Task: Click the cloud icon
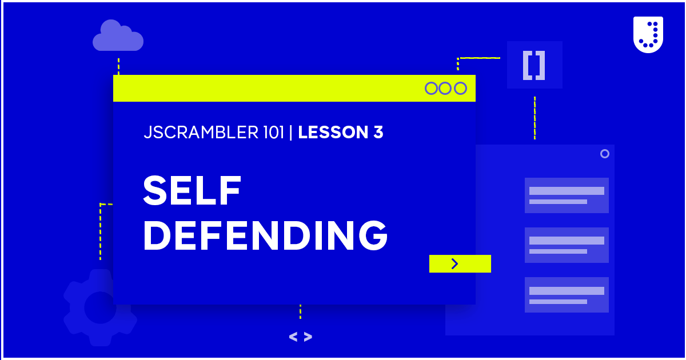pyautogui.click(x=118, y=36)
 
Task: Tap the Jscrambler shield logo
pyautogui.click(x=648, y=34)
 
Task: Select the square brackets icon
pyautogui.click(x=534, y=65)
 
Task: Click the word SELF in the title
pyautogui.click(x=192, y=191)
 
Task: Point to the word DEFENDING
pyautogui.click(x=265, y=235)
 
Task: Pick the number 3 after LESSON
pyautogui.click(x=378, y=133)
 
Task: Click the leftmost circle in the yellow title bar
pyautogui.click(x=431, y=89)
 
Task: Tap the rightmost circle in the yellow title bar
pyautogui.click(x=460, y=89)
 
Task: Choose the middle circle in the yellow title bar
pyautogui.click(x=445, y=89)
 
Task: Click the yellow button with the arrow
pyautogui.click(x=460, y=263)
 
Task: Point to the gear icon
pyautogui.click(x=100, y=307)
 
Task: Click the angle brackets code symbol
pyautogui.click(x=300, y=337)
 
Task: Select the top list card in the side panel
pyautogui.click(x=567, y=195)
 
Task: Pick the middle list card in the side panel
pyautogui.click(x=567, y=245)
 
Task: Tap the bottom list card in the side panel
pyautogui.click(x=567, y=295)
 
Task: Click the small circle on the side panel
pyautogui.click(x=604, y=154)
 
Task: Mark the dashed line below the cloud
pyautogui.click(x=118, y=66)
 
